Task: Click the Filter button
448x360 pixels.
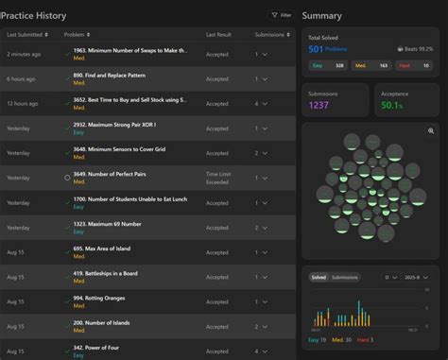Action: tap(282, 15)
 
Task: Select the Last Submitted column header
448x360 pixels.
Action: tap(26, 34)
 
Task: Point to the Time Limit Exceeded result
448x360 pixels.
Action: tap(223, 177)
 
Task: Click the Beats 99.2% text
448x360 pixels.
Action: tap(417, 47)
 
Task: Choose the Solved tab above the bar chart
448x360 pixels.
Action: tap(319, 277)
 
